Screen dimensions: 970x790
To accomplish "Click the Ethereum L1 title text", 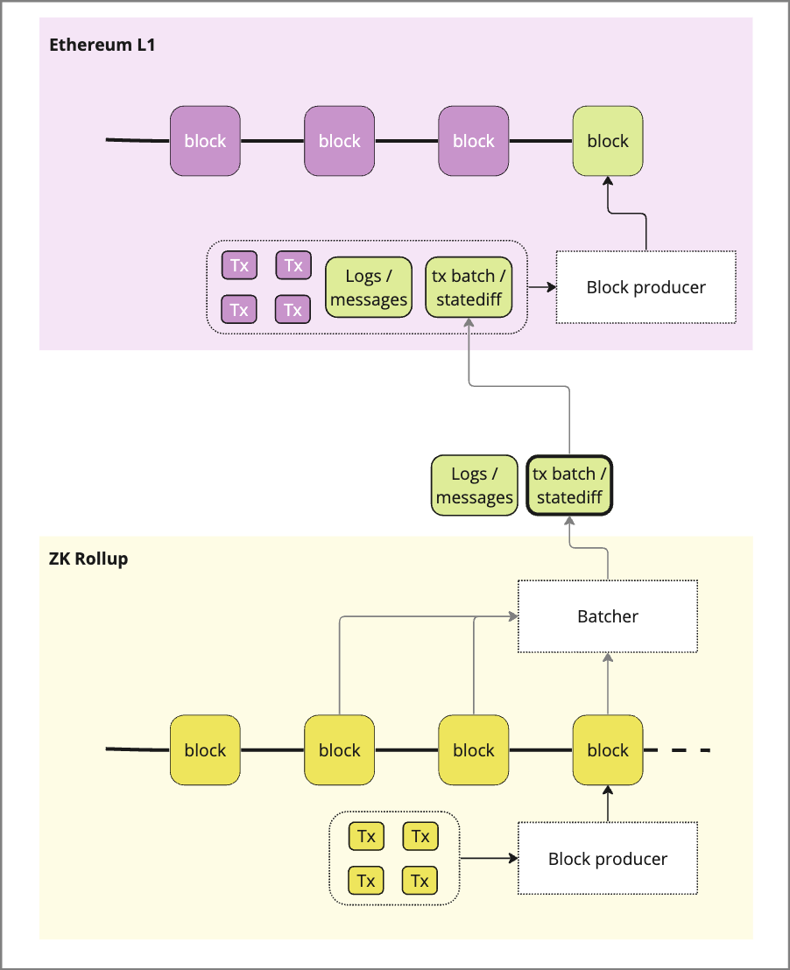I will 102,44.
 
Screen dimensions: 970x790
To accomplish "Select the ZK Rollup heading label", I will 88,559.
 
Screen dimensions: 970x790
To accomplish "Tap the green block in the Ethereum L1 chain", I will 608,141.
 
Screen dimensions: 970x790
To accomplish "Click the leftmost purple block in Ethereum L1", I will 205,141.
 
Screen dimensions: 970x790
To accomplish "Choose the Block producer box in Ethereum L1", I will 645,287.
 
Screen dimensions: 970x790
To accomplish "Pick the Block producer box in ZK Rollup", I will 607,859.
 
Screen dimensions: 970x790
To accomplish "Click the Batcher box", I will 607,616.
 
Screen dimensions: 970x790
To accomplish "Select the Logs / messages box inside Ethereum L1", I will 369,288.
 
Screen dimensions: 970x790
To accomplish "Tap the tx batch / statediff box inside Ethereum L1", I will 467,288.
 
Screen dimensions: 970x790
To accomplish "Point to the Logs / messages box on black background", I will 474,486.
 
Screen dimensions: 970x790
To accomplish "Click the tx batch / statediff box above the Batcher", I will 569,486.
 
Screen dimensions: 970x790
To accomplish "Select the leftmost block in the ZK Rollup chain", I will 205,750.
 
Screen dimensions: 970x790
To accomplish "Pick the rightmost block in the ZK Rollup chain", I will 608,750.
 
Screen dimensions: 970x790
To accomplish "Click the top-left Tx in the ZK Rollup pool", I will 366,836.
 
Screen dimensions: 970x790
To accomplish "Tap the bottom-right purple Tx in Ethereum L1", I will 293,309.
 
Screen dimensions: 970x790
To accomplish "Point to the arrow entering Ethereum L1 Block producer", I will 541,286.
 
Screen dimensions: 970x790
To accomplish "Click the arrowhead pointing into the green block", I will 608,179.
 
